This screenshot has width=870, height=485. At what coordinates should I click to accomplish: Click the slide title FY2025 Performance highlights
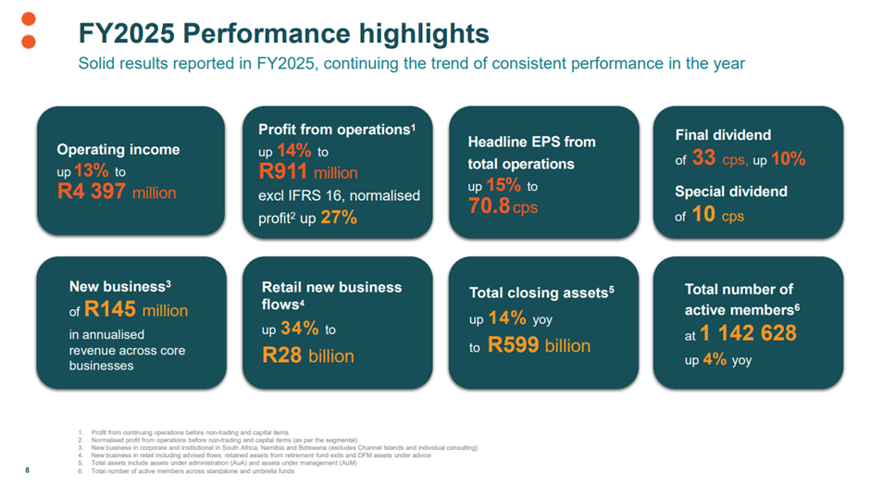coord(283,34)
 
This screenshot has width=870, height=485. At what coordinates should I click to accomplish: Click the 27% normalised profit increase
coord(339,218)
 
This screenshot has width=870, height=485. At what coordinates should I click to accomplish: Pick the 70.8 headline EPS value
coord(490,205)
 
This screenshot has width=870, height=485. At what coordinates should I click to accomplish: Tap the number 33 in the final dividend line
coord(703,158)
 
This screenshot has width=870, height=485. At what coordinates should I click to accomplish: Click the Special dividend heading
coord(731,192)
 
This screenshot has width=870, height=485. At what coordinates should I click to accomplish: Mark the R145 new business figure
coord(110,310)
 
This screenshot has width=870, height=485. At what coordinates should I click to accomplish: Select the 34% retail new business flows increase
coord(299,330)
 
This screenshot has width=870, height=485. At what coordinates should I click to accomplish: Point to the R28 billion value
coord(307,355)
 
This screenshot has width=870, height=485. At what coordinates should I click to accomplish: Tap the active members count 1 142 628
coord(748,334)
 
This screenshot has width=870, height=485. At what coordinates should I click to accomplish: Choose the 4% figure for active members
coord(715,359)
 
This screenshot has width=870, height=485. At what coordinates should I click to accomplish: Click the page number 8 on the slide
coord(27,471)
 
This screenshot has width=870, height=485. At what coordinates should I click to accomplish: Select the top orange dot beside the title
coord(29,19)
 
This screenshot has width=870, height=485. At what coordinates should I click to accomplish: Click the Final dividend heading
coord(723,134)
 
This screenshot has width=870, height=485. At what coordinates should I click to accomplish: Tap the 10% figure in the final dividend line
coord(788,159)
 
